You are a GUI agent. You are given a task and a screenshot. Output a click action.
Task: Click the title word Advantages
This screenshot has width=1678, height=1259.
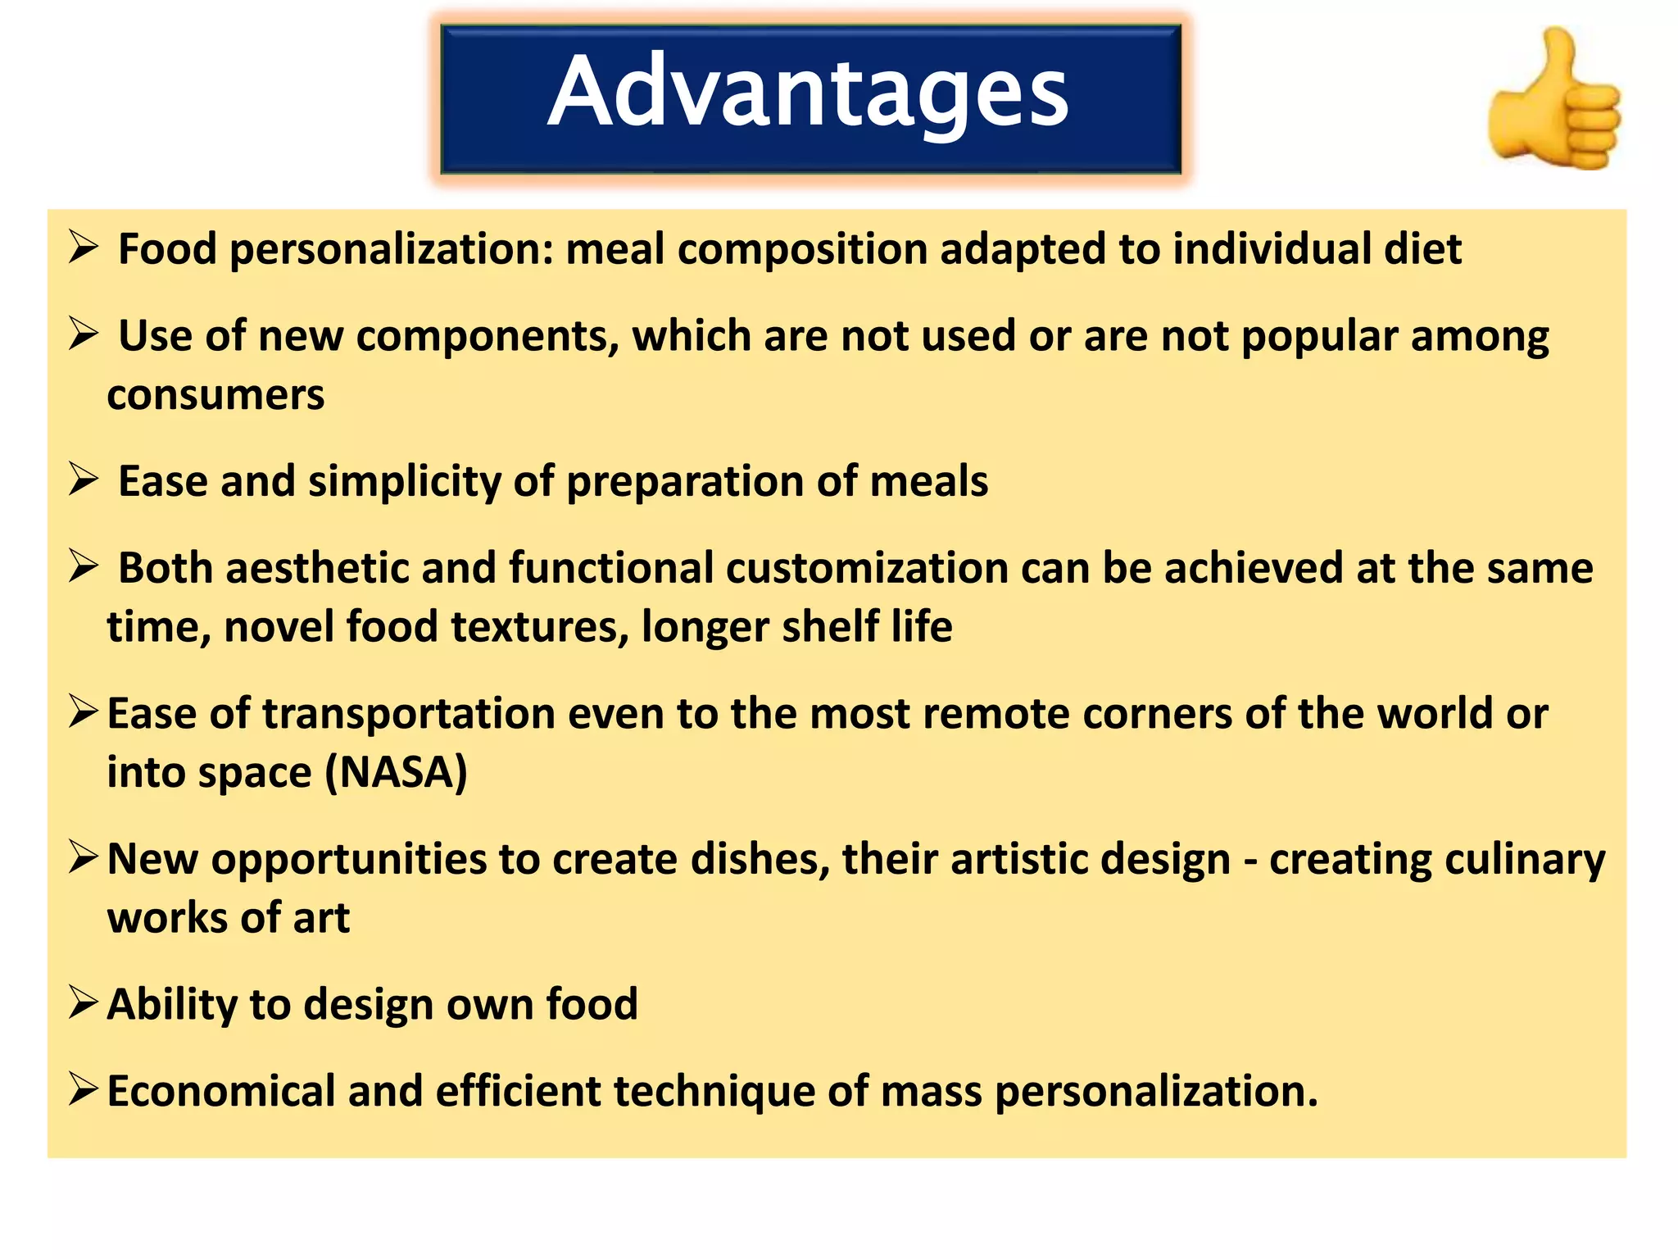(x=808, y=92)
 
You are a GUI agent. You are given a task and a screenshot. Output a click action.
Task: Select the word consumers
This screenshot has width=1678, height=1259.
(x=215, y=395)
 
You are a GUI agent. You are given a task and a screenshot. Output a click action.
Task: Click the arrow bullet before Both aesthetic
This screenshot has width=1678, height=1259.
(x=84, y=566)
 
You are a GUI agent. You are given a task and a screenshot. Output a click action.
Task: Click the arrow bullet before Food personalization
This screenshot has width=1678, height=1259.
(x=84, y=248)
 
